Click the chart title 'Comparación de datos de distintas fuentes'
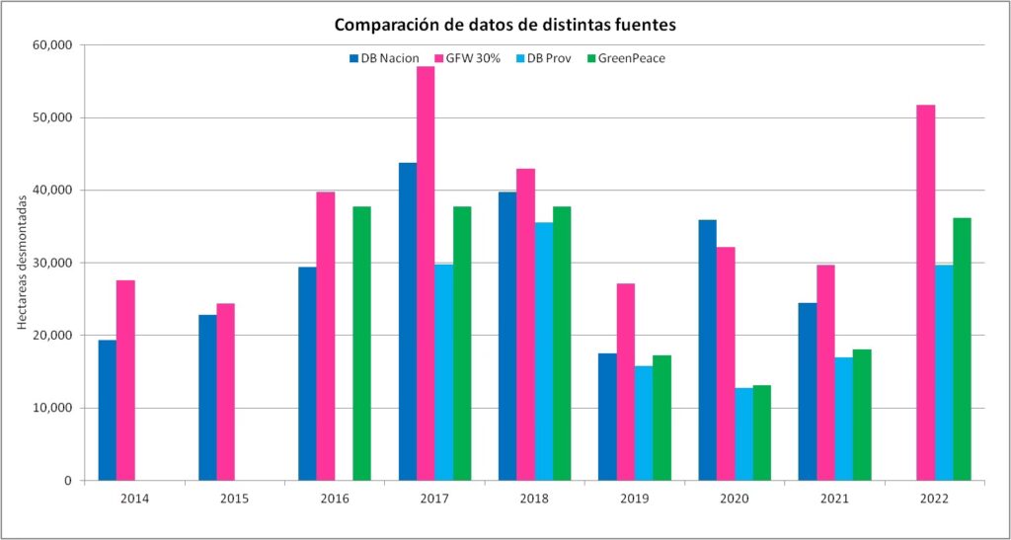pyautogui.click(x=505, y=24)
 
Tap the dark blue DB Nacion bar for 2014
pyautogui.click(x=107, y=410)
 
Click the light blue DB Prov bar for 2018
pyautogui.click(x=543, y=351)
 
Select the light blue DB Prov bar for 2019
pyautogui.click(x=643, y=423)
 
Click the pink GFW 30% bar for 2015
pyautogui.click(x=225, y=392)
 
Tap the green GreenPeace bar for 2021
pyautogui.click(x=861, y=415)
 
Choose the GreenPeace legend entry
pyautogui.click(x=628, y=58)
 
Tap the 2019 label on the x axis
pyautogui.click(x=635, y=499)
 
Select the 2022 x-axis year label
pyautogui.click(x=934, y=499)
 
